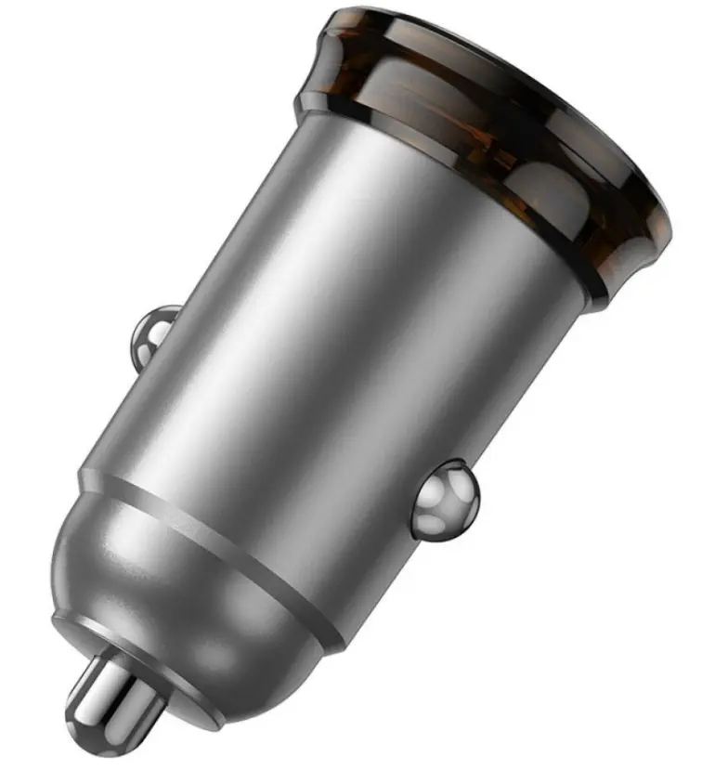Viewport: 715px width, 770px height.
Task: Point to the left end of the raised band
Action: point(88,479)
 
